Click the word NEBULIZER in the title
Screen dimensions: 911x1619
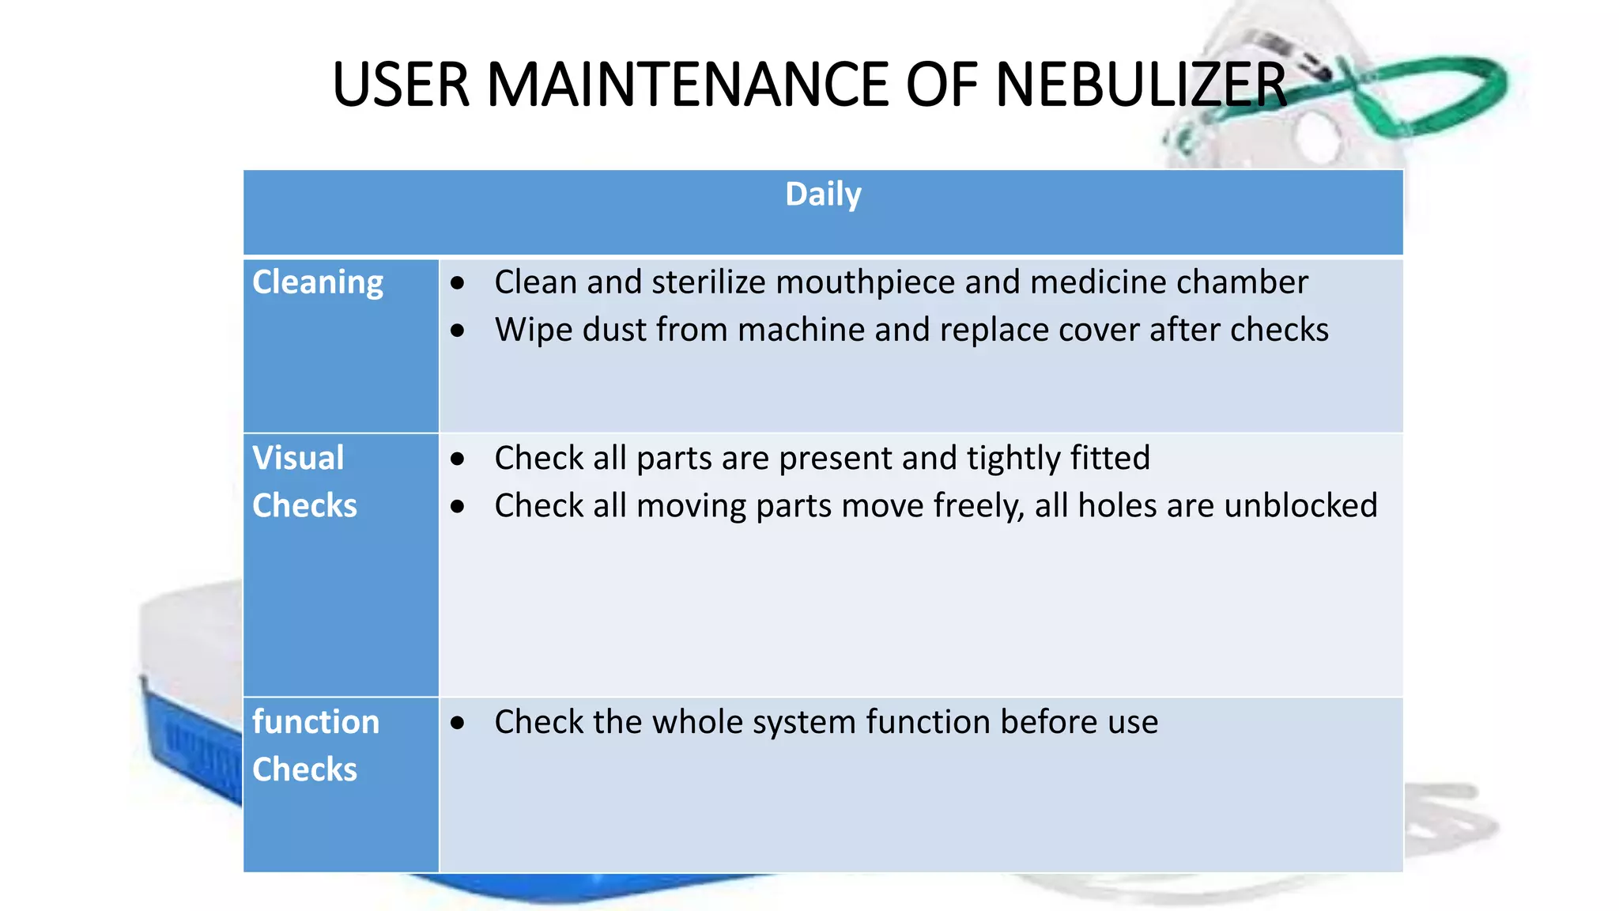coord(1140,85)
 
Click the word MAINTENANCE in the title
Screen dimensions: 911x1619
coord(688,85)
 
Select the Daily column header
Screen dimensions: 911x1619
coord(823,195)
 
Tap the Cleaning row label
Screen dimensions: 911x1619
coord(318,282)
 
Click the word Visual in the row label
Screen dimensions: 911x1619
coord(298,458)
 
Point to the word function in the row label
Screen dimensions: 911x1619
coord(315,722)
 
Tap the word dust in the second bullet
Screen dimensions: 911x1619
coord(615,330)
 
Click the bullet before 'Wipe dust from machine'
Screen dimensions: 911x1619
coord(458,331)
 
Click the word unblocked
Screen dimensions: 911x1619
coord(1300,505)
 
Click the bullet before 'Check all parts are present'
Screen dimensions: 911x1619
coord(458,459)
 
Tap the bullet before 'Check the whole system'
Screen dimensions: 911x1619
coord(458,722)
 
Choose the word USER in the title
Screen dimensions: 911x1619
coord(402,85)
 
